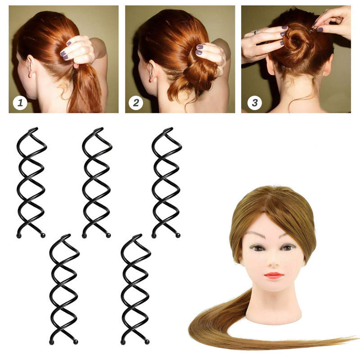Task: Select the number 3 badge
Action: click(254, 103)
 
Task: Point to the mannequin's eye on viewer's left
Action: click(258, 247)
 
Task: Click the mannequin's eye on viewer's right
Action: click(288, 247)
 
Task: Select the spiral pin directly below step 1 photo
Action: click(31, 182)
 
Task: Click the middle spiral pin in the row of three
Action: click(97, 182)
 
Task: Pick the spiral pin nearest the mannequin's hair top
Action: click(166, 182)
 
